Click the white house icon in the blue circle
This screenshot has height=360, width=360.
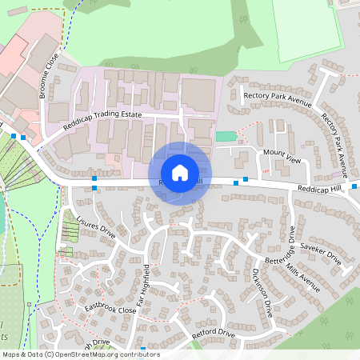tap(180, 172)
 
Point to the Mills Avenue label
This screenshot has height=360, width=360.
tap(302, 278)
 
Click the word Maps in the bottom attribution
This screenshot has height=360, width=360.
tap(12, 354)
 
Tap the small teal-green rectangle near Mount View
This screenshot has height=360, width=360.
tap(226, 136)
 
